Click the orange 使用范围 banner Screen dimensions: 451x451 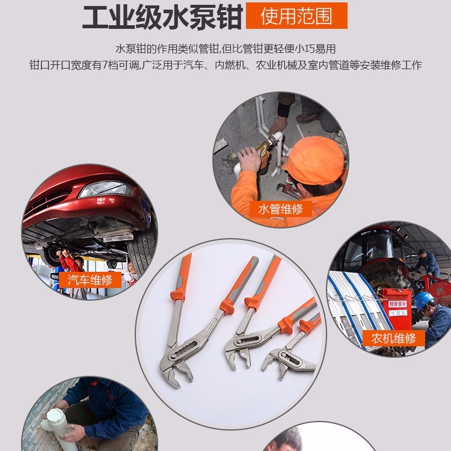[296, 16]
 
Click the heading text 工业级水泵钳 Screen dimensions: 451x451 [162, 17]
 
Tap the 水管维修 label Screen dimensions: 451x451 [280, 209]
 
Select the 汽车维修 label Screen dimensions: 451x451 [90, 280]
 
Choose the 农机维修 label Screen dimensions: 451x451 [394, 338]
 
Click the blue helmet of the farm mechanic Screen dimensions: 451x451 [423, 299]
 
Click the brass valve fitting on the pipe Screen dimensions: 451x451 [265, 151]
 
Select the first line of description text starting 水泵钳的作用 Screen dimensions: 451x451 [225, 49]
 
